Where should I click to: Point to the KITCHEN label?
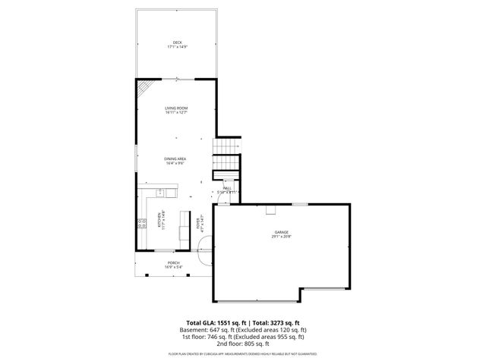tap(159, 220)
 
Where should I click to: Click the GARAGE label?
tap(282, 232)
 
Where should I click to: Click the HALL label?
tap(227, 187)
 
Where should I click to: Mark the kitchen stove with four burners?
tap(141, 222)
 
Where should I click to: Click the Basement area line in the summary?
tap(242, 330)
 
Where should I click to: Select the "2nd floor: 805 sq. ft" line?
tap(242, 344)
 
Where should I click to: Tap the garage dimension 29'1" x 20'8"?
tap(282, 237)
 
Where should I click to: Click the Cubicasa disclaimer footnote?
tap(242, 353)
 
